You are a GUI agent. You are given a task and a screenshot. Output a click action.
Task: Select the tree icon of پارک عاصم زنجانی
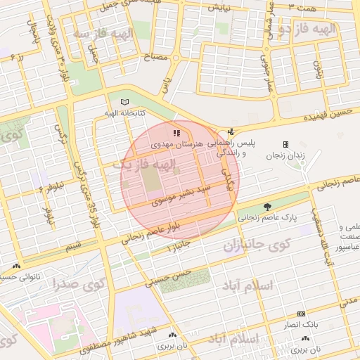[267, 207]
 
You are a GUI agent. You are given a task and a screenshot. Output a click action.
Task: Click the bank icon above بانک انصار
[301, 314]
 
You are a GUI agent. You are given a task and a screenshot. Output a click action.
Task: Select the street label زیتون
[317, 69]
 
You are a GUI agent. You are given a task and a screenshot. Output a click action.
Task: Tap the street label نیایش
[217, 8]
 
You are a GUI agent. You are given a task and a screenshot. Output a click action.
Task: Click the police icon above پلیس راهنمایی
[231, 131]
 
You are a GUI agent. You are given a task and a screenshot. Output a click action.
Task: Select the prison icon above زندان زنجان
[285, 144]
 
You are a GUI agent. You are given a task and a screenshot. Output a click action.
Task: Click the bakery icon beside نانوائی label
[15, 266]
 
